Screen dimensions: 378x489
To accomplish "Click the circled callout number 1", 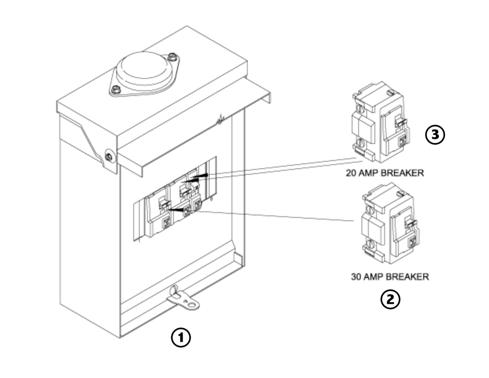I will click(181, 338).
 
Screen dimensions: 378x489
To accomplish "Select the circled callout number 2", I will click(390, 299).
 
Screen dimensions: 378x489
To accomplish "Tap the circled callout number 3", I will click(435, 135).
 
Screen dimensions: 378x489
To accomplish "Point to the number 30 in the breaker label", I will click(356, 276).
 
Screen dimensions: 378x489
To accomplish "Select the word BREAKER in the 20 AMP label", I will click(403, 173).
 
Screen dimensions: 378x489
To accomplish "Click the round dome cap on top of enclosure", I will click(144, 71).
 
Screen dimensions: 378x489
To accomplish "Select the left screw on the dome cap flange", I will click(115, 88).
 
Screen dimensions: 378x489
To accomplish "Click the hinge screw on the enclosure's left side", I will click(109, 156).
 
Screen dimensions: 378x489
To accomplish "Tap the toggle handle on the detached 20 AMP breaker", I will click(401, 122).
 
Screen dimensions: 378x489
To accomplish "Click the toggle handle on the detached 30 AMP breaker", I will click(410, 223).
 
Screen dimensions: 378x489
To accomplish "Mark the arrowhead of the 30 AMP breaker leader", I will click(172, 209).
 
